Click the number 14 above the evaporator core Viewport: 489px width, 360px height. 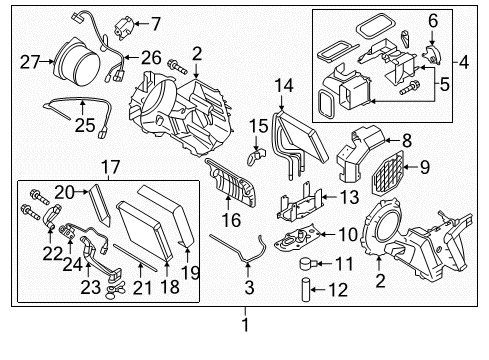[x=283, y=86]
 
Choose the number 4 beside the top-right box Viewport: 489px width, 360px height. [x=465, y=64]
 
